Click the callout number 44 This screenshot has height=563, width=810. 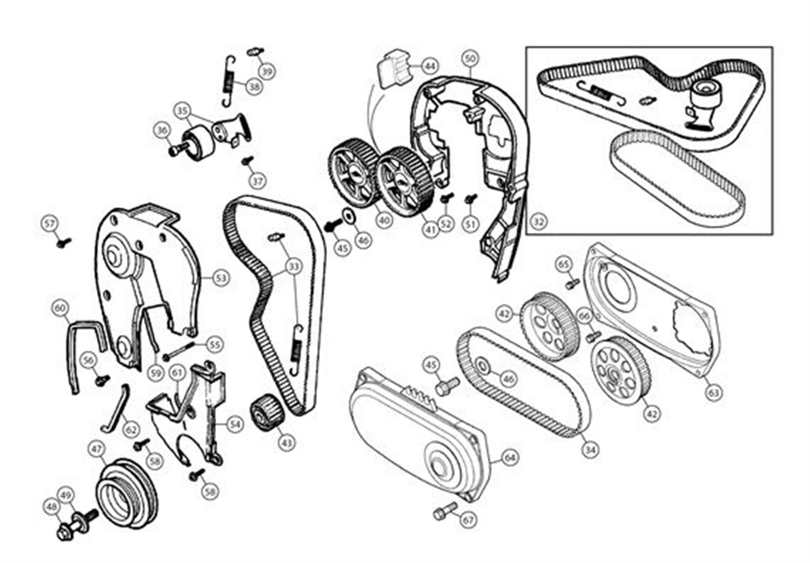pyautogui.click(x=430, y=66)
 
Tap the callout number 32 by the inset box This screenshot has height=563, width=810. pyautogui.click(x=539, y=221)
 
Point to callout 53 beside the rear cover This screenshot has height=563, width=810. pyautogui.click(x=220, y=278)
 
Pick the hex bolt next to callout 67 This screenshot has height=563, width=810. pyautogui.click(x=445, y=511)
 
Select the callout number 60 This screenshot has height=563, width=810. pyautogui.click(x=60, y=309)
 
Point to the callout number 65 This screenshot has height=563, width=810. pyautogui.click(x=563, y=265)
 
